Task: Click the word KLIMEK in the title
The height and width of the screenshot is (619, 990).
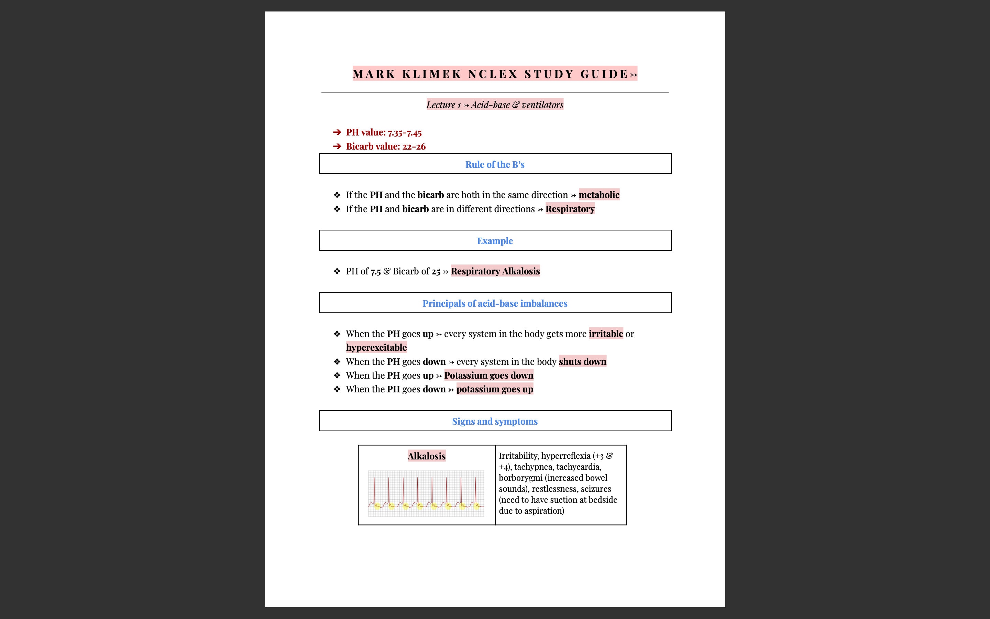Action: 432,74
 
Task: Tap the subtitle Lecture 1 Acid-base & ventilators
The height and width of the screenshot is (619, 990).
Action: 495,105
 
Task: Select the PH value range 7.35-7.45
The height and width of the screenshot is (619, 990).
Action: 405,133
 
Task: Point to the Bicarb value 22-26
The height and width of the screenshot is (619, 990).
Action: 414,146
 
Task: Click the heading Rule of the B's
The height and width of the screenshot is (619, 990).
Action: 495,165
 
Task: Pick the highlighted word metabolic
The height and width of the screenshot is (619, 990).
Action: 599,195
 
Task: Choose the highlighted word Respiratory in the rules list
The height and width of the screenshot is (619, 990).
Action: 570,209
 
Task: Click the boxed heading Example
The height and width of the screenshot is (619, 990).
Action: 495,241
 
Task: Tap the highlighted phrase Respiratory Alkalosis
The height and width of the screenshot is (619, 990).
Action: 495,271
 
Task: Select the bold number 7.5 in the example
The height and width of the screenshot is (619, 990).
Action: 375,271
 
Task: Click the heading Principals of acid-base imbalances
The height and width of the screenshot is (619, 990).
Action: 495,303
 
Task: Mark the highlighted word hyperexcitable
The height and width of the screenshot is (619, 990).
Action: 376,348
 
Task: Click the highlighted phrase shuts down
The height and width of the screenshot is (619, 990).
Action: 582,361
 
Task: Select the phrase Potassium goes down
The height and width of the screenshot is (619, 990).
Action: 488,376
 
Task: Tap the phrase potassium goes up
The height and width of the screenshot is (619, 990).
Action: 495,389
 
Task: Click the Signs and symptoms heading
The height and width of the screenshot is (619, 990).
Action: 495,421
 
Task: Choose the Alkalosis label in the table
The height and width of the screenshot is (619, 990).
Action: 426,456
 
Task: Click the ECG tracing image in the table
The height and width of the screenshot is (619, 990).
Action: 426,493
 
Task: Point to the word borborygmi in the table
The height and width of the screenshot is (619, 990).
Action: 520,478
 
